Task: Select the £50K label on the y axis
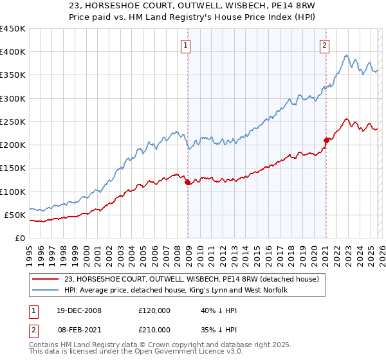[15, 215]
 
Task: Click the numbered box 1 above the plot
[186, 45]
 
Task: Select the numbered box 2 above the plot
[324, 45]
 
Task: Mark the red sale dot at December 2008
[188, 183]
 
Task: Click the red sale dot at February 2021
[326, 140]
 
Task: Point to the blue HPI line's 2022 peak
[347, 56]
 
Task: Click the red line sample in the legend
[46, 279]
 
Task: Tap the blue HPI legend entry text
[175, 291]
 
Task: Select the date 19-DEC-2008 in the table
[82, 310]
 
